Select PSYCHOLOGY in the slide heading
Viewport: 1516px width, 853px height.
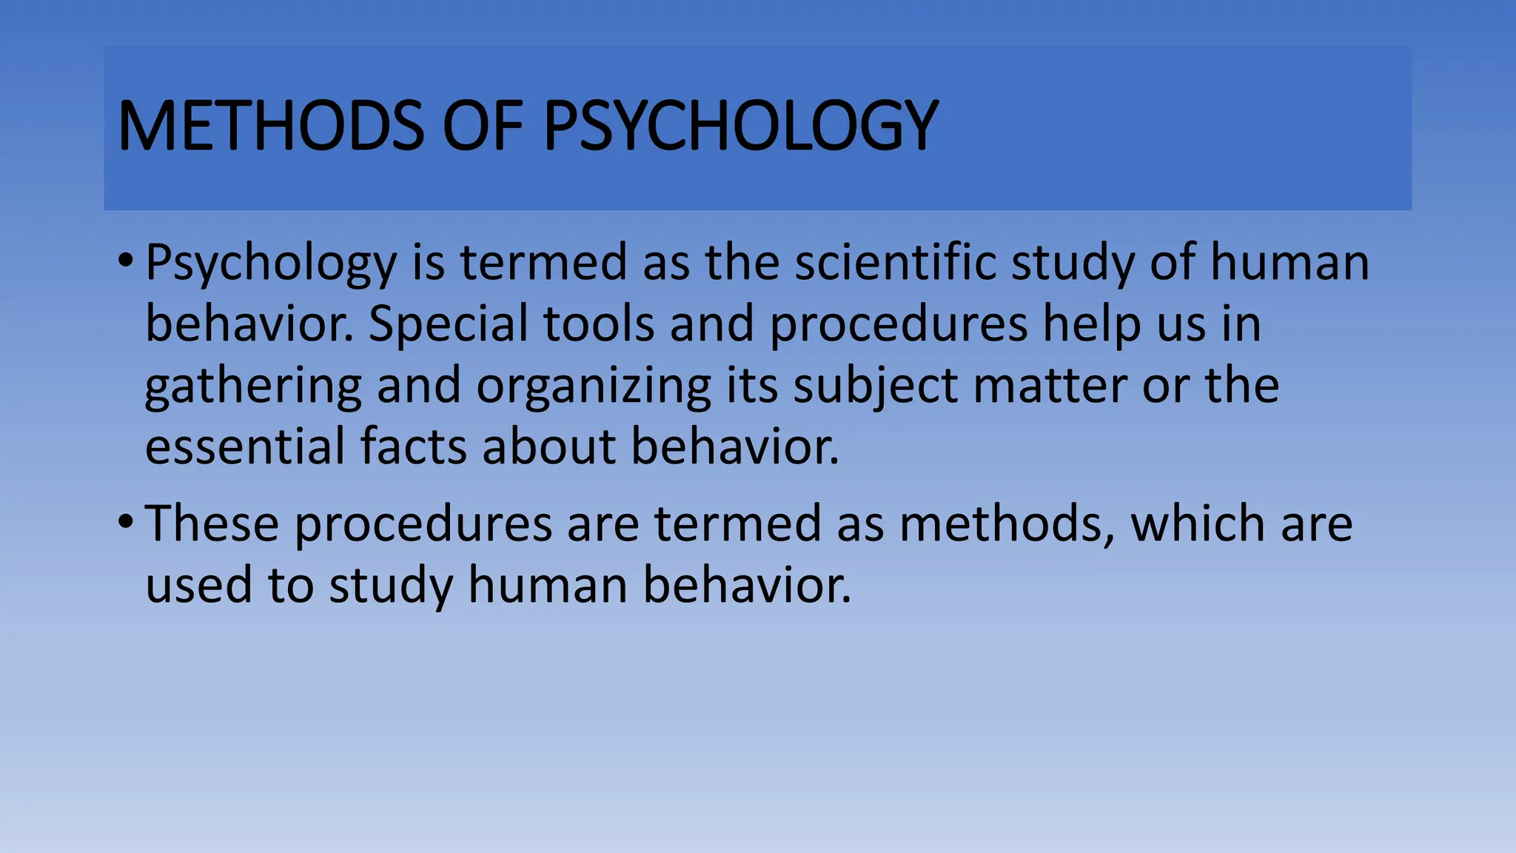point(740,126)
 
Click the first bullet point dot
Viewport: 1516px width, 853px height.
point(125,260)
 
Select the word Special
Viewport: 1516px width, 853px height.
point(449,324)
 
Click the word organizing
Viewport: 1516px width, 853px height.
point(593,387)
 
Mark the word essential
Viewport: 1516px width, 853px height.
point(245,447)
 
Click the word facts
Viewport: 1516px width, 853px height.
point(414,447)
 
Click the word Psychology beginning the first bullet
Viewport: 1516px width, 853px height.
point(271,264)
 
